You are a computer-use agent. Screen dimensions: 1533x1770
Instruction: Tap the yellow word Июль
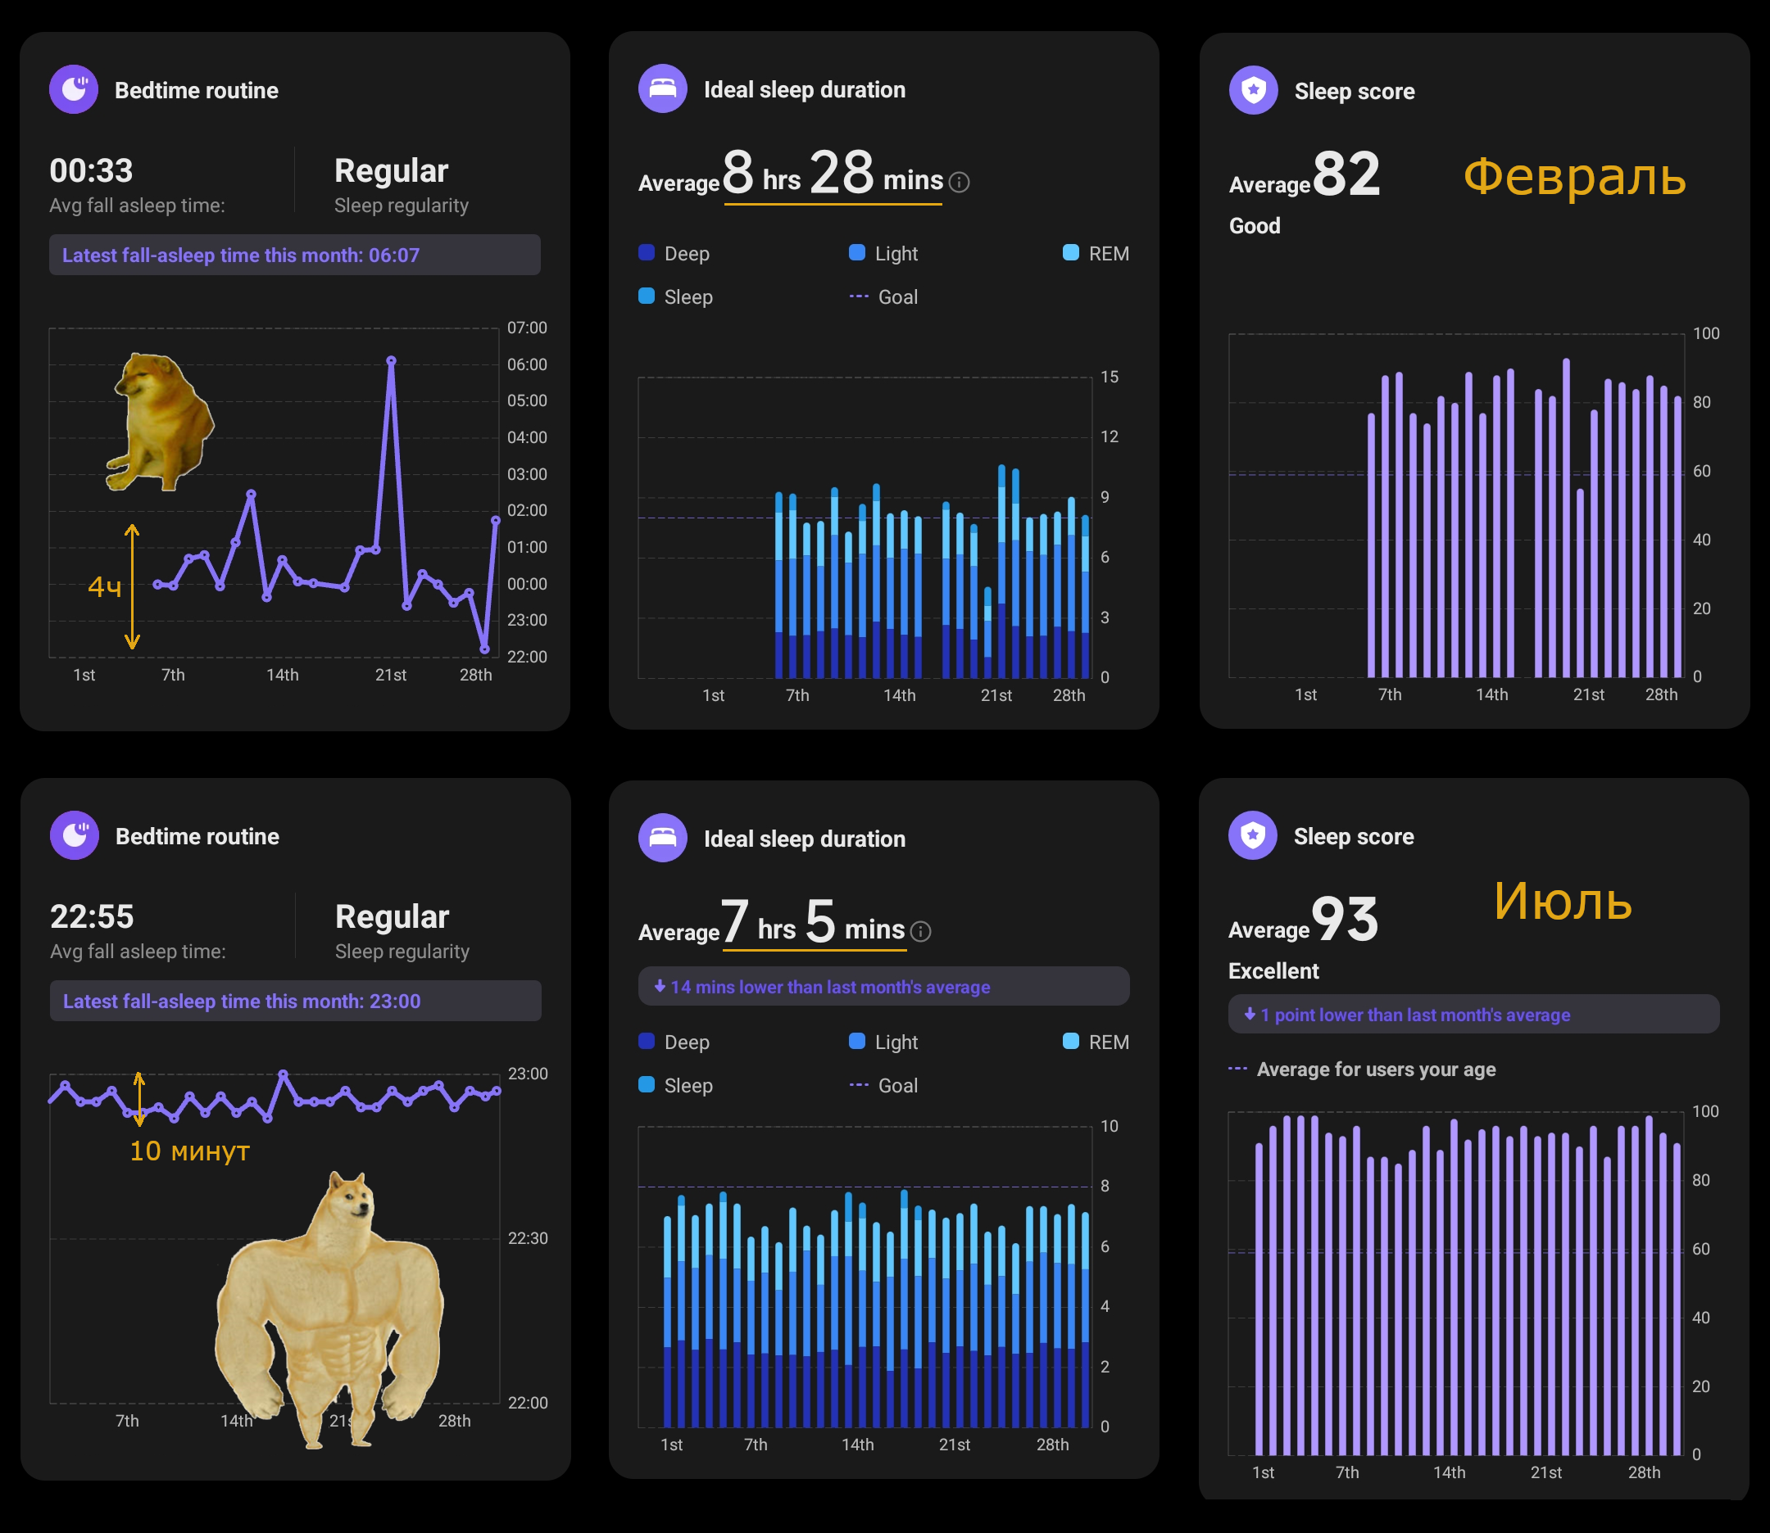1562,902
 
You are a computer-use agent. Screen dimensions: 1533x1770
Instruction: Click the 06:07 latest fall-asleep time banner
294,255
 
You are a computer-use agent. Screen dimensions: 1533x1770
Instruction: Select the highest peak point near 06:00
391,361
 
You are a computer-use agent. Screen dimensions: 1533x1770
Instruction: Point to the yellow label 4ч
104,587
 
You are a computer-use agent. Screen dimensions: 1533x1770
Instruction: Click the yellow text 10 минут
189,1151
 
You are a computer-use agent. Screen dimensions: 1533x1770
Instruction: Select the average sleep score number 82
1346,174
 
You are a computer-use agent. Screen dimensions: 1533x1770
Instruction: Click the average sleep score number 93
1344,920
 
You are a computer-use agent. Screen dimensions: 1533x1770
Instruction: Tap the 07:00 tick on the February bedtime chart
526,328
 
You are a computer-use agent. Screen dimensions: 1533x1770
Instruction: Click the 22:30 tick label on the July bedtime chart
527,1238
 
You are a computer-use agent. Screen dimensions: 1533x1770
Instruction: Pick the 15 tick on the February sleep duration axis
1110,377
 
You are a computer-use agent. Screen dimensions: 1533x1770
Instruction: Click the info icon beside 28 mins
960,183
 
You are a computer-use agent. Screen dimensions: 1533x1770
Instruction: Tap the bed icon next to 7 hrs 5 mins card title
662,838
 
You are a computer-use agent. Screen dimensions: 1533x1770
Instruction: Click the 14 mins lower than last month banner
883,986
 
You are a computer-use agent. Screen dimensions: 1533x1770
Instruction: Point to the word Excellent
1273,971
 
